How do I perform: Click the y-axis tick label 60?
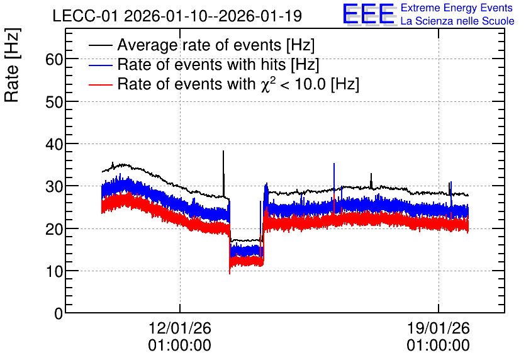[54, 60]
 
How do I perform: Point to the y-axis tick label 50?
[54, 102]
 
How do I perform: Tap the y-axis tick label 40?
[54, 144]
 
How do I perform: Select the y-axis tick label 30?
[54, 186]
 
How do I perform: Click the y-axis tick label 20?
[54, 229]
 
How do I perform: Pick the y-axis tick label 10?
[54, 271]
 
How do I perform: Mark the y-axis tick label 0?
[59, 313]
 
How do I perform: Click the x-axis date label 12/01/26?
[180, 328]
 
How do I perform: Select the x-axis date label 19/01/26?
[439, 328]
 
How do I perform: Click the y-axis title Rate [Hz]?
[12, 65]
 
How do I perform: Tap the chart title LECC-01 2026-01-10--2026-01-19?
[177, 16]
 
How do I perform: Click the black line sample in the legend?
[100, 45]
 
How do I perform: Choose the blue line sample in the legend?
[100, 65]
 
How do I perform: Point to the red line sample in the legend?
[100, 84]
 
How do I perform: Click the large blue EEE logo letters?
[369, 14]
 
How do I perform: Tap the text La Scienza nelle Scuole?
[457, 21]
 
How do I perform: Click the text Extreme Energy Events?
[457, 8]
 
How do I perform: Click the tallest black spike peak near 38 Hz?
[223, 151]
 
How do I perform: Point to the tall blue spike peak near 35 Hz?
[334, 164]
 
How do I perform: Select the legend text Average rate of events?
[199, 45]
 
